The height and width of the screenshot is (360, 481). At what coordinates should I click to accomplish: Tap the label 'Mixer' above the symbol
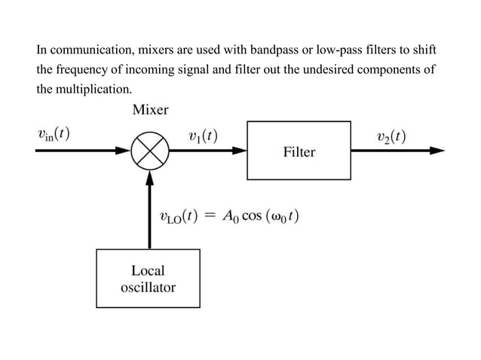tap(150, 110)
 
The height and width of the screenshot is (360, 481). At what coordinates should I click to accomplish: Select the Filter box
tap(299, 150)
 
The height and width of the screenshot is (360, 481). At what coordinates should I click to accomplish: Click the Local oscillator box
tap(148, 278)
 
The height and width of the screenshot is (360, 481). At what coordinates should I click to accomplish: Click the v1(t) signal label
tap(203, 136)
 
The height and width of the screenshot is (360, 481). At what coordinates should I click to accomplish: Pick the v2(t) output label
tap(391, 136)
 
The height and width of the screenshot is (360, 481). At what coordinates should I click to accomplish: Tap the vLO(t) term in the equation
tap(179, 217)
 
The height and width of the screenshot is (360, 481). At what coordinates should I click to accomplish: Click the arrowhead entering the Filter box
tap(240, 151)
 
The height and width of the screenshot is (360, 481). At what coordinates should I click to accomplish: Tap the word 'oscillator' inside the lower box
tap(148, 287)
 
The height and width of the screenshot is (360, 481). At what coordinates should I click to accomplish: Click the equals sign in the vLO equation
tap(210, 217)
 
